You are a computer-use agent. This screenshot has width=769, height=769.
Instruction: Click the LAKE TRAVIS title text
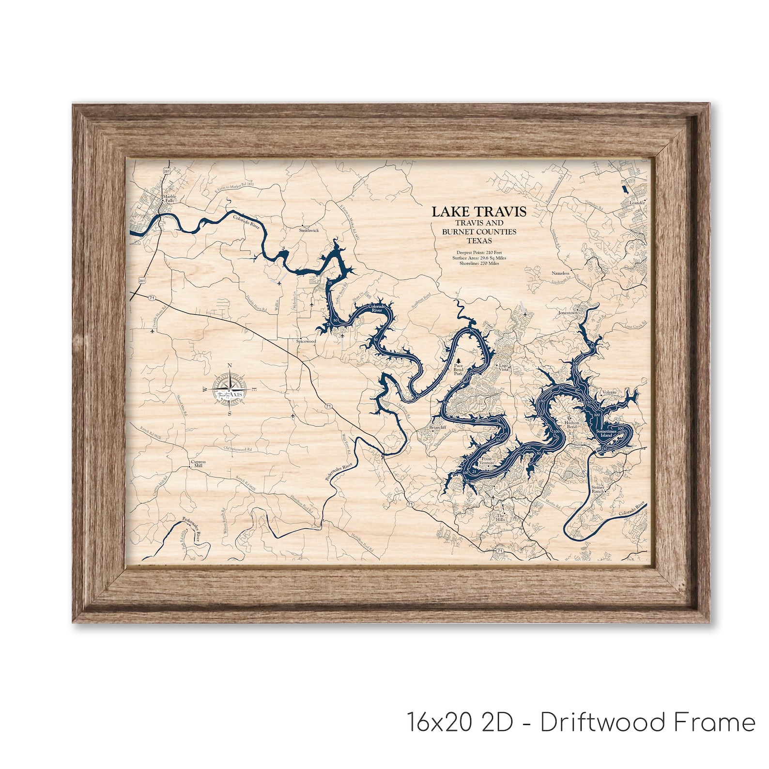(478, 212)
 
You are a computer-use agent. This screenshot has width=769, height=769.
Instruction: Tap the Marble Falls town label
(169, 199)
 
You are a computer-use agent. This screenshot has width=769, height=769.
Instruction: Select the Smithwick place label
(308, 231)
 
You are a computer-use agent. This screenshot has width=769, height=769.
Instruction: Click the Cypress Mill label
(198, 464)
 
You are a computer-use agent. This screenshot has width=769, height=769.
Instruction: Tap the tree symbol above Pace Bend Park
(458, 362)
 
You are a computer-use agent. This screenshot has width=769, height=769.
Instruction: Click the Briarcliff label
(437, 428)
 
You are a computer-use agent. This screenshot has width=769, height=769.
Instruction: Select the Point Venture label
(487, 461)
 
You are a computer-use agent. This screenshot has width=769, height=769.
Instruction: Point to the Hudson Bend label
(572, 425)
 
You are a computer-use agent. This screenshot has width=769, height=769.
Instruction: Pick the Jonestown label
(568, 313)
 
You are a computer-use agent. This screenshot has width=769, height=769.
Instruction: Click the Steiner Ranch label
(598, 489)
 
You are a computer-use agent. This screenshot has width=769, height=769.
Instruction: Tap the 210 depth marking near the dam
(604, 450)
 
